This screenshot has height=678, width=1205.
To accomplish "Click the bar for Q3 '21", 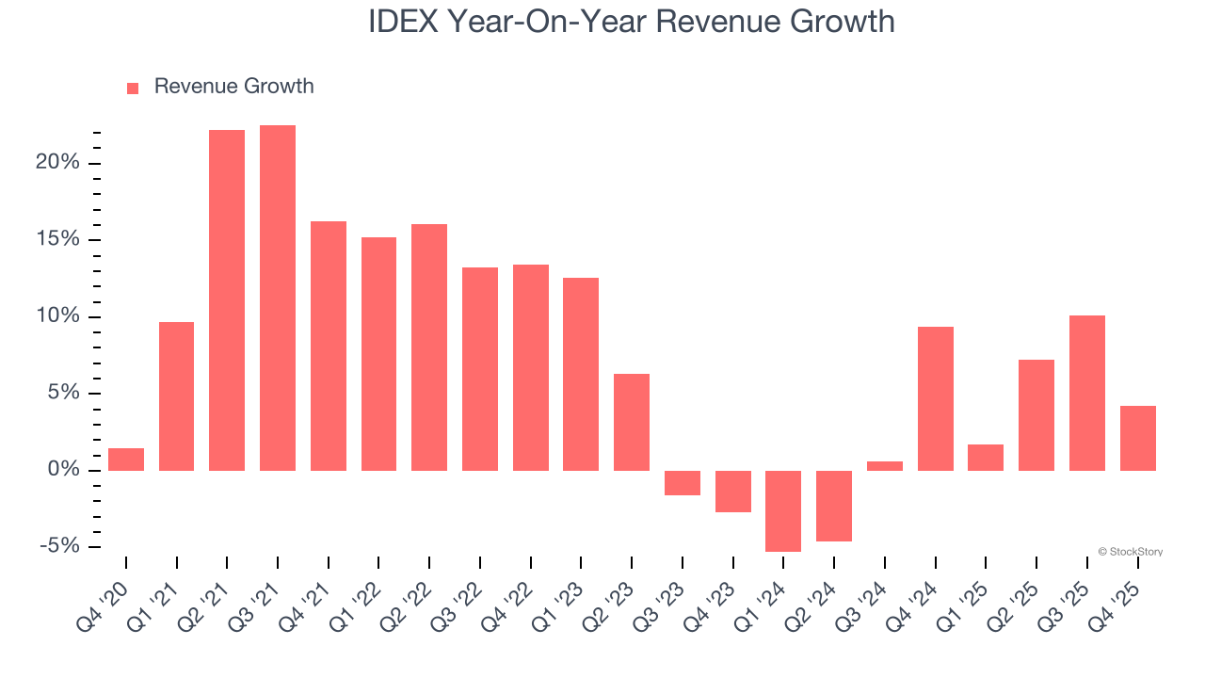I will point(278,298).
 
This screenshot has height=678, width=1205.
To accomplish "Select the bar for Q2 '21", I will point(227,299).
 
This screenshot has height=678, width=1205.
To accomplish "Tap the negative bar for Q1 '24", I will point(783,510).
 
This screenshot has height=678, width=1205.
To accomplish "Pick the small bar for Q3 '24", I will point(885,465).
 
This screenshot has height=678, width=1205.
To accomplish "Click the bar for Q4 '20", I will point(126,460).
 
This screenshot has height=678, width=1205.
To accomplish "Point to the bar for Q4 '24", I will point(936,398).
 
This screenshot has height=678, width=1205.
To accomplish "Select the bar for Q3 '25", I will point(1087,393).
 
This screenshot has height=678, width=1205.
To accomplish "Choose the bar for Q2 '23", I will point(632,422).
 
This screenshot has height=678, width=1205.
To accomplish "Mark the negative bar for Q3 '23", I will point(683,483).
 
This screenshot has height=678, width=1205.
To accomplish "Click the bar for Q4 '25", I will point(1138,438).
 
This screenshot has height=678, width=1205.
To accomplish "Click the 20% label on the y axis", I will point(58,163).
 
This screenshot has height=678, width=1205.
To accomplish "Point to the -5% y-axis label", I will point(58,546).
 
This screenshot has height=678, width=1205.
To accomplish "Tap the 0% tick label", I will point(63,470).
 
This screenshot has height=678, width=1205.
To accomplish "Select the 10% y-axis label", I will point(58,316).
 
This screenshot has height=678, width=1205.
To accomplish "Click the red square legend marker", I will point(133,88).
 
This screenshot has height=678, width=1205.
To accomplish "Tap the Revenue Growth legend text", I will point(233,87).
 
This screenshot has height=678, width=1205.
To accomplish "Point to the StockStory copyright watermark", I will point(1131,552).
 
